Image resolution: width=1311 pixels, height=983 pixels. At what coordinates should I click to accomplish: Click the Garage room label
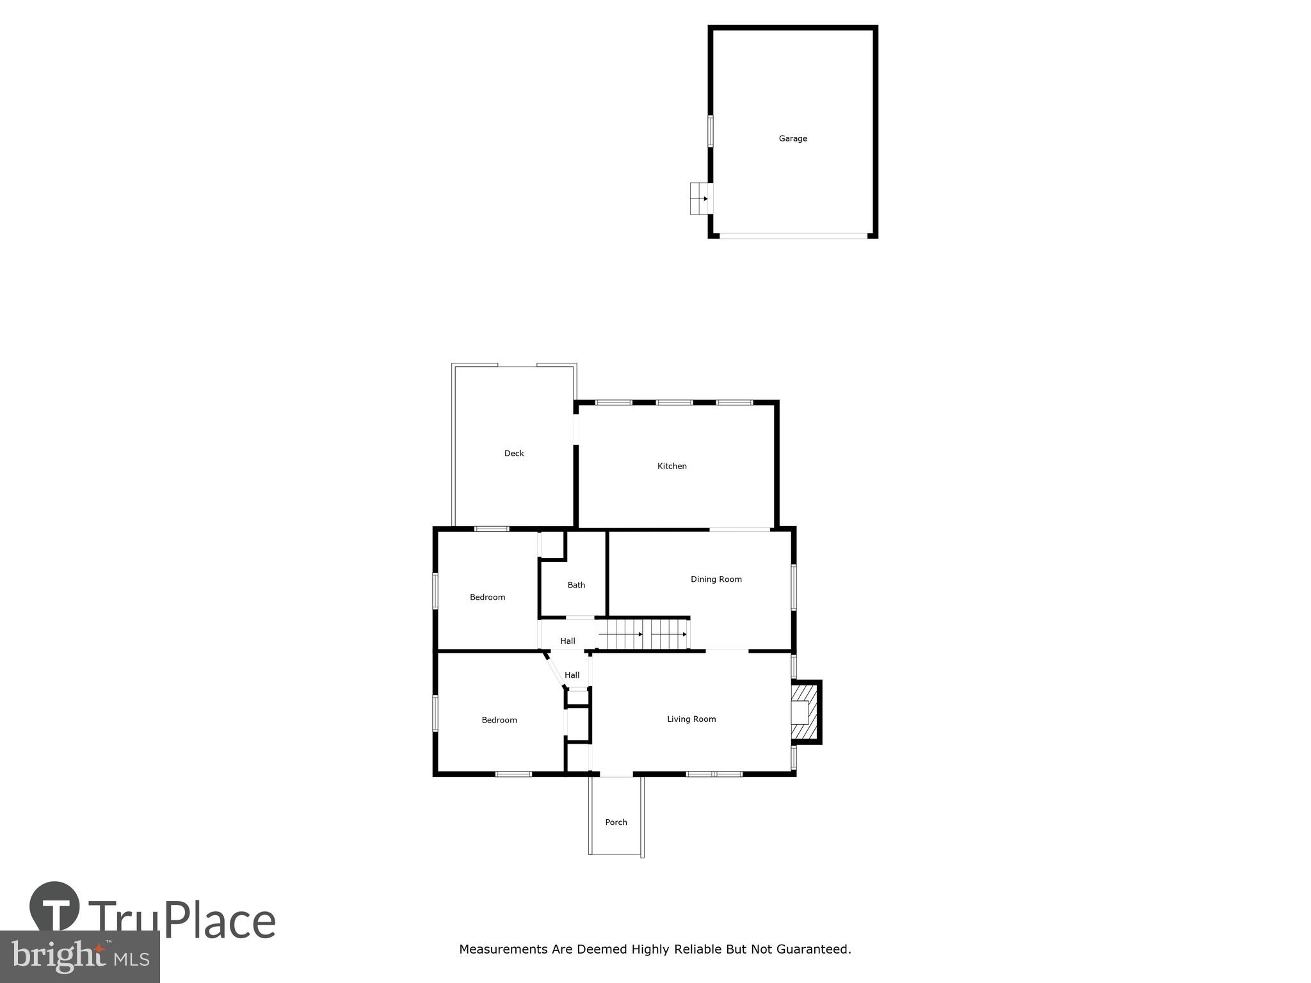point(792,138)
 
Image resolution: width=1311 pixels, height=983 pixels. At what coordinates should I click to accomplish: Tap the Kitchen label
point(672,466)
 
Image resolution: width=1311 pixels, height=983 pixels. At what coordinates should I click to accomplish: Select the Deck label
point(514,453)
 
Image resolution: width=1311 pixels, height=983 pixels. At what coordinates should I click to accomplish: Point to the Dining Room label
point(716,579)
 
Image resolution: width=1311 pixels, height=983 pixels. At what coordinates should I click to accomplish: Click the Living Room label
point(691,719)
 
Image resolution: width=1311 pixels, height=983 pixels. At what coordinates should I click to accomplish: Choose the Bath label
point(576,585)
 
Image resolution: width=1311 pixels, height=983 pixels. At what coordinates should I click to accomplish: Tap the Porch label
point(616,822)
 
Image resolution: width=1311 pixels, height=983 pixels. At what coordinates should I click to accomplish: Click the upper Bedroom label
point(487,597)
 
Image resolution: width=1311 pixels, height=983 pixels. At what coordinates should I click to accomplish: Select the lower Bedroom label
point(499,720)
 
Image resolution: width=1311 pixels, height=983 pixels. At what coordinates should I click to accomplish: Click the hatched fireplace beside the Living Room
point(805,712)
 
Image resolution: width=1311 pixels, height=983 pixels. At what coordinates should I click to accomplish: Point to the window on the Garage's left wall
point(710,131)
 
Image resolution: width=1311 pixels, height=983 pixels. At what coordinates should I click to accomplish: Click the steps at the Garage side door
point(699,198)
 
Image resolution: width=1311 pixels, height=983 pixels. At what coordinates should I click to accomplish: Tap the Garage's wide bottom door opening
point(793,236)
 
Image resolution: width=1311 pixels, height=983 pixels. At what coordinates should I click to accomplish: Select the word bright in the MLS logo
point(58,955)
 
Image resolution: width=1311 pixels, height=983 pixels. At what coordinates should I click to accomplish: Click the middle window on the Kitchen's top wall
point(674,403)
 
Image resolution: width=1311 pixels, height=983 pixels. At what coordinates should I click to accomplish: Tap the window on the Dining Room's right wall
point(794,587)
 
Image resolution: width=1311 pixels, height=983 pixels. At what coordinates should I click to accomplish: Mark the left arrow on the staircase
point(620,634)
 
